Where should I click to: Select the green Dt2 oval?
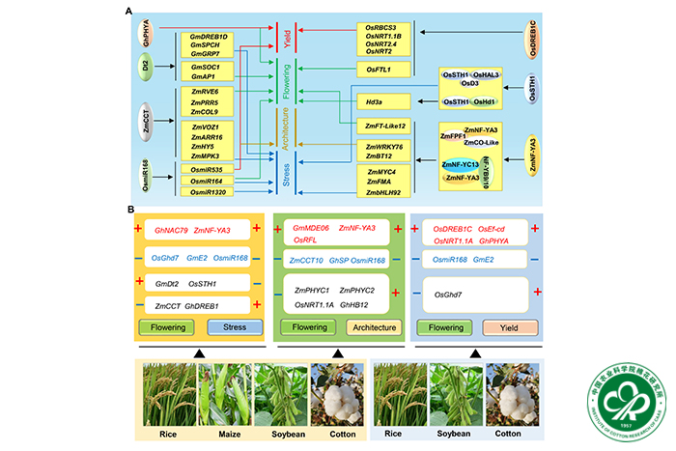click(146, 70)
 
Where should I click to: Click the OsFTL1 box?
click(380, 70)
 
